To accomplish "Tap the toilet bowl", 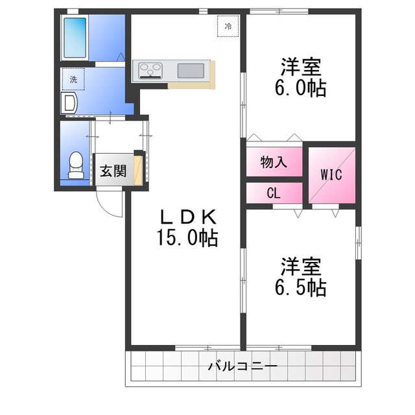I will click(76, 164).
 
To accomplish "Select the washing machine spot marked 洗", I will click(73, 79).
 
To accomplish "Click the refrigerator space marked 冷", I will click(228, 27).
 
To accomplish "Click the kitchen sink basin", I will click(191, 69).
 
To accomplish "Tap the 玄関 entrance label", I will click(113, 172).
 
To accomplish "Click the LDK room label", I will click(186, 217).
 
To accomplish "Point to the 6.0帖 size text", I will click(300, 88).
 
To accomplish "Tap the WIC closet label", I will click(331, 174).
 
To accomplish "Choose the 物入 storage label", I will click(274, 161).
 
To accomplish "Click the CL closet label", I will click(274, 193).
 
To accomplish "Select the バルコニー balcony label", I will click(243, 366).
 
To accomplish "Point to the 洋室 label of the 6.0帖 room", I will click(300, 67).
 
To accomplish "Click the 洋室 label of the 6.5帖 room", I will click(300, 265).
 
